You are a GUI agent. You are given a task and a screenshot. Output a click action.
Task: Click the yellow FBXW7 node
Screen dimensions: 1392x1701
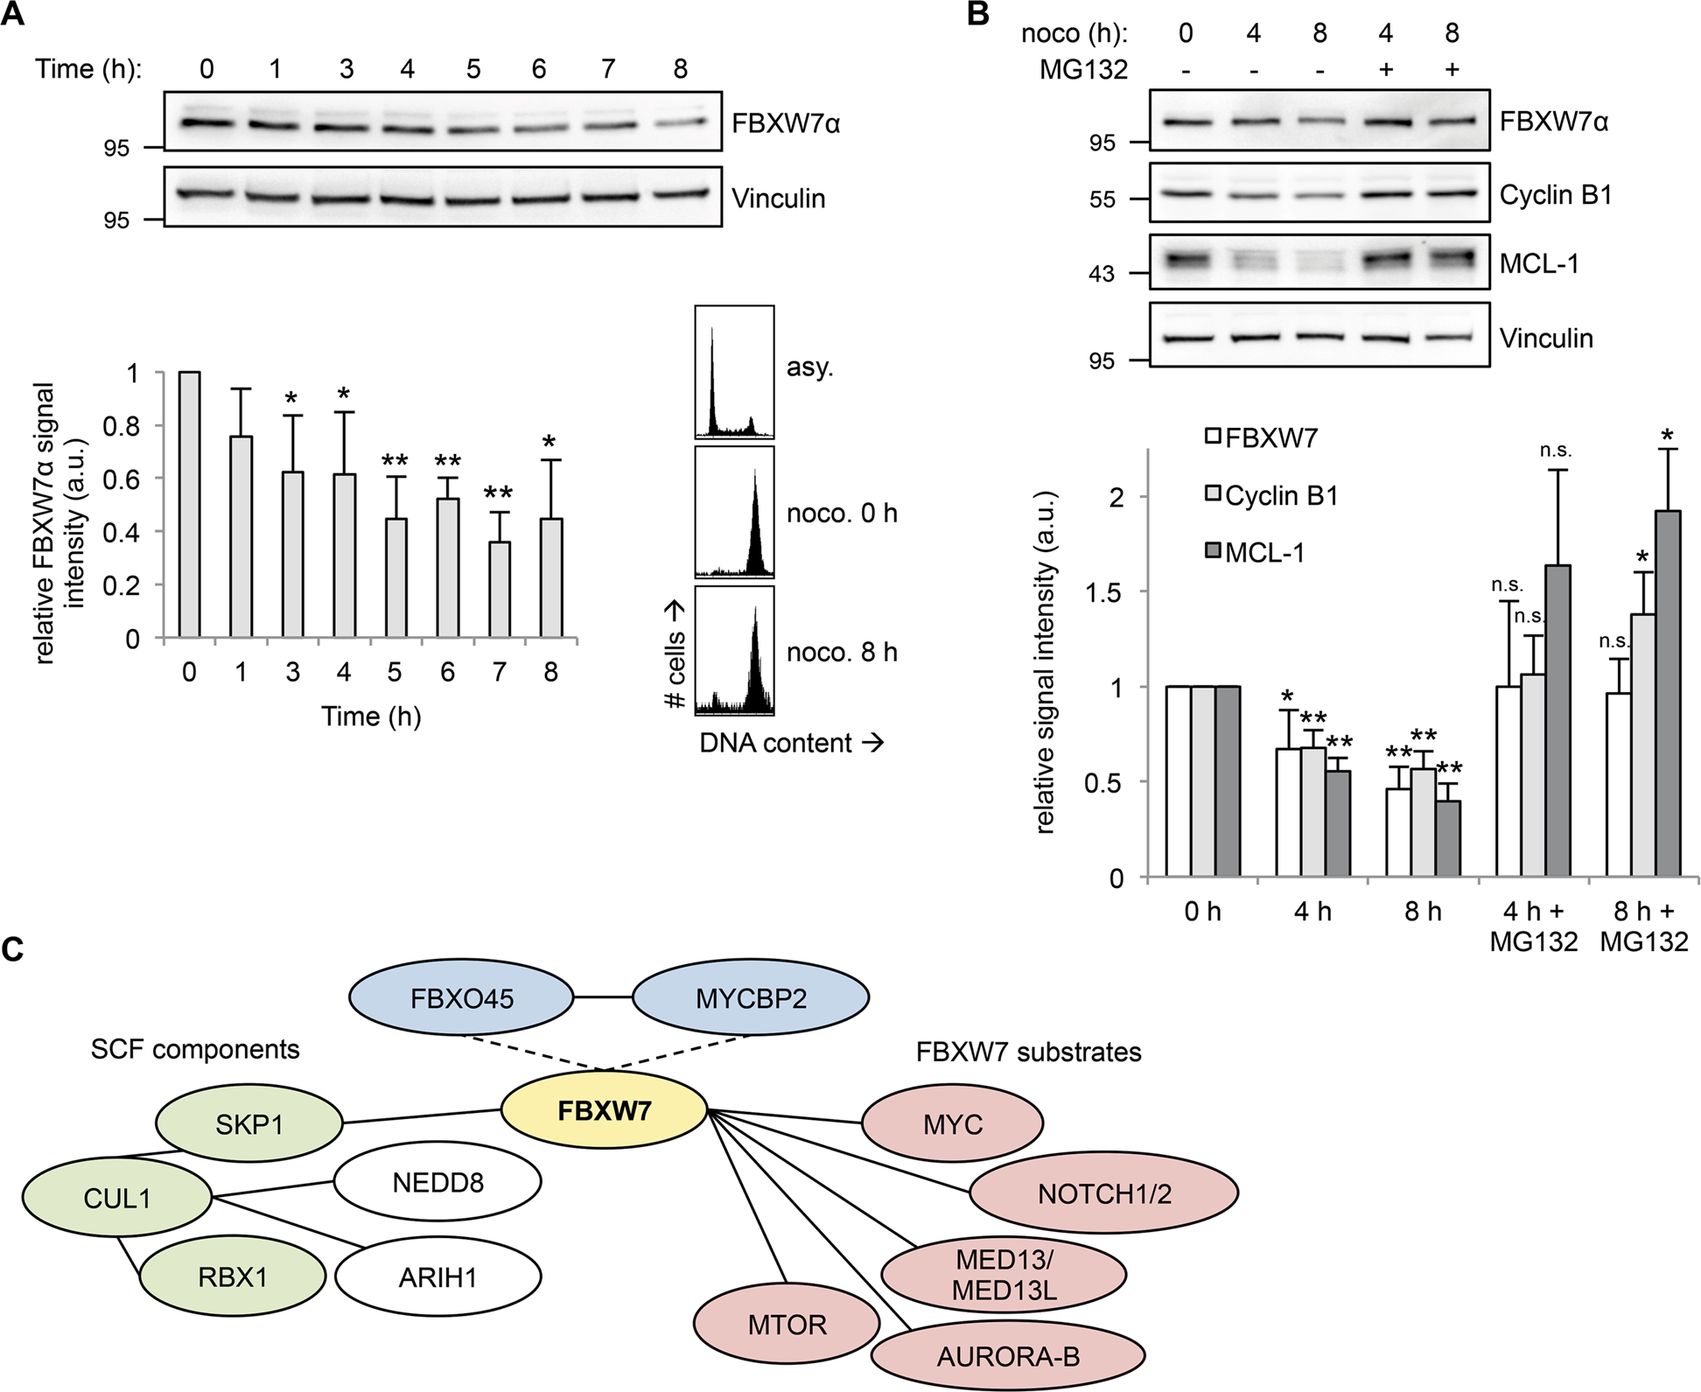(604, 1111)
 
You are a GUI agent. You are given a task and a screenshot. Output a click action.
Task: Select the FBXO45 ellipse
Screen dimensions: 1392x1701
(461, 998)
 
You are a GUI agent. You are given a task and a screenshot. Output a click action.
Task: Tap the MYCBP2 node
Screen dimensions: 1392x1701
(751, 998)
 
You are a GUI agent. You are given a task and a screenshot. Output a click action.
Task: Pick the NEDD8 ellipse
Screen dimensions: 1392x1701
(437, 1183)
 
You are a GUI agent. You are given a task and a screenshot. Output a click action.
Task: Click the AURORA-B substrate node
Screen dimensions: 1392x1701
(1008, 1356)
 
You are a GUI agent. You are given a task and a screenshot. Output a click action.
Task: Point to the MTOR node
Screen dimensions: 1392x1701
(787, 1325)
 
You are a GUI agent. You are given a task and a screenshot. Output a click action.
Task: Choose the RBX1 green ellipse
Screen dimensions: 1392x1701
(233, 1277)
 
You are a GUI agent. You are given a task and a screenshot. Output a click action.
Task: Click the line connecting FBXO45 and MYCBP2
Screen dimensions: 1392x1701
(603, 997)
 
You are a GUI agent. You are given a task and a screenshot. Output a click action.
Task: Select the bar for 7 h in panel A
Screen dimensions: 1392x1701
(500, 590)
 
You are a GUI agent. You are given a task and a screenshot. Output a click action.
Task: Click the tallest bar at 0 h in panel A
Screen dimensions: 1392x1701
(190, 505)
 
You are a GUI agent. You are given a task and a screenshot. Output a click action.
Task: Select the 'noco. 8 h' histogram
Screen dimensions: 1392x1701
(734, 651)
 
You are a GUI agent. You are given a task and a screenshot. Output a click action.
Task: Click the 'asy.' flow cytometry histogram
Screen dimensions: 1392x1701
(734, 371)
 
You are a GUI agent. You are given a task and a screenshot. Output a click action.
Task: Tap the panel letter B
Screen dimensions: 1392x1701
(979, 14)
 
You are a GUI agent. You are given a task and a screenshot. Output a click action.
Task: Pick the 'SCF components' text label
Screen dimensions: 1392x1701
(195, 1049)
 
